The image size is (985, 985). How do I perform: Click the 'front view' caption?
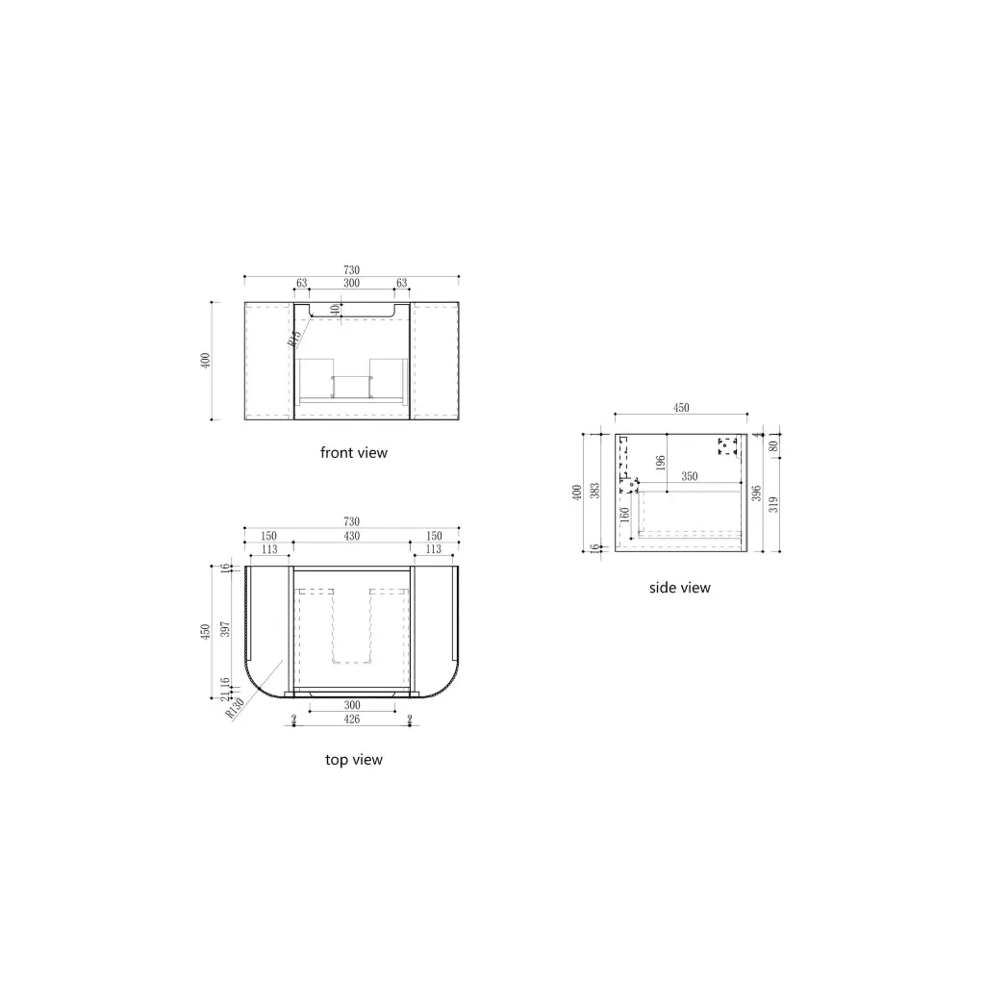pyautogui.click(x=354, y=452)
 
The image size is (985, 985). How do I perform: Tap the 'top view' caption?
pyautogui.click(x=354, y=760)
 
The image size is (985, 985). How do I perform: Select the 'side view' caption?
pyautogui.click(x=680, y=588)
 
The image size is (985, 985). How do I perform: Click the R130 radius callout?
pyautogui.click(x=232, y=708)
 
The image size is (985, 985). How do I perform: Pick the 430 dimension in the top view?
pyautogui.click(x=352, y=536)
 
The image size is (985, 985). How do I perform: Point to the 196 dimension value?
pyautogui.click(x=661, y=464)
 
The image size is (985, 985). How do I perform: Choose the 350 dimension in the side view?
pyautogui.click(x=690, y=476)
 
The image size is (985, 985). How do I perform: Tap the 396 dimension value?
pyautogui.click(x=757, y=492)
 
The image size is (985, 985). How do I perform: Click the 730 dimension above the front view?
pyautogui.click(x=352, y=270)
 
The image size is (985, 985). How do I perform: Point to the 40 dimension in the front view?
pyautogui.click(x=335, y=310)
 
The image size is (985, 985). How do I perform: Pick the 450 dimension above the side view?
pyautogui.click(x=680, y=408)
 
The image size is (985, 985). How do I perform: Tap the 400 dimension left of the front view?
pyautogui.click(x=204, y=361)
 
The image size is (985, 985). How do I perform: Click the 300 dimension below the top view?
pyautogui.click(x=352, y=703)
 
